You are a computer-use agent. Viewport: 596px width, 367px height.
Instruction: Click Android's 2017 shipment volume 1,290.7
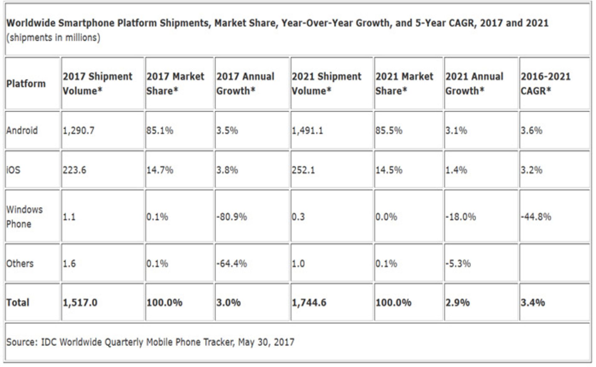[79, 131]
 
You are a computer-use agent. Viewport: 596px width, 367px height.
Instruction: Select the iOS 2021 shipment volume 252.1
[303, 170]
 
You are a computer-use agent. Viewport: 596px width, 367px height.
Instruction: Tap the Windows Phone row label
[24, 217]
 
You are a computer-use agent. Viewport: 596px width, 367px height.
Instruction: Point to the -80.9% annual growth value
[232, 217]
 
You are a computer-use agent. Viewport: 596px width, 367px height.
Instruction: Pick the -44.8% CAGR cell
[536, 217]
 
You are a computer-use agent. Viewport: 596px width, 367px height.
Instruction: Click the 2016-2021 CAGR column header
[545, 84]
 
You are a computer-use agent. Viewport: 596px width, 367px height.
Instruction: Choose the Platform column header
[26, 84]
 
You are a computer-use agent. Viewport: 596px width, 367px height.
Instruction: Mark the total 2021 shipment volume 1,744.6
[309, 302]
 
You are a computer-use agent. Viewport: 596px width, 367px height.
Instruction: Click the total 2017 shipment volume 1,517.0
[80, 302]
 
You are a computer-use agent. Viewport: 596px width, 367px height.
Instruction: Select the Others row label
[20, 264]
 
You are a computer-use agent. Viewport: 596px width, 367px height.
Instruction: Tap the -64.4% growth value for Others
[232, 264]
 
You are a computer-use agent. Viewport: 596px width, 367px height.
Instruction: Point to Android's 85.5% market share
[389, 131]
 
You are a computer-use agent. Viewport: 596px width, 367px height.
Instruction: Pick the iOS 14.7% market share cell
[160, 170]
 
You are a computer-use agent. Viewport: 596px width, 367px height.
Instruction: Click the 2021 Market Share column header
[404, 84]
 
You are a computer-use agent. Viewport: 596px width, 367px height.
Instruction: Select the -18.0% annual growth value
[461, 217]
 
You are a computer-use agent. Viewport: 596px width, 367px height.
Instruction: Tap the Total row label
[18, 302]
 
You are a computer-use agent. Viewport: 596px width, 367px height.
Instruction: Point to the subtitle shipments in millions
[53, 38]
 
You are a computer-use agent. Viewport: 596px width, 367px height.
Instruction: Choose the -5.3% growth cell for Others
[458, 264]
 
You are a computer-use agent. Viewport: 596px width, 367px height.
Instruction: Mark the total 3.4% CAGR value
[533, 302]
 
